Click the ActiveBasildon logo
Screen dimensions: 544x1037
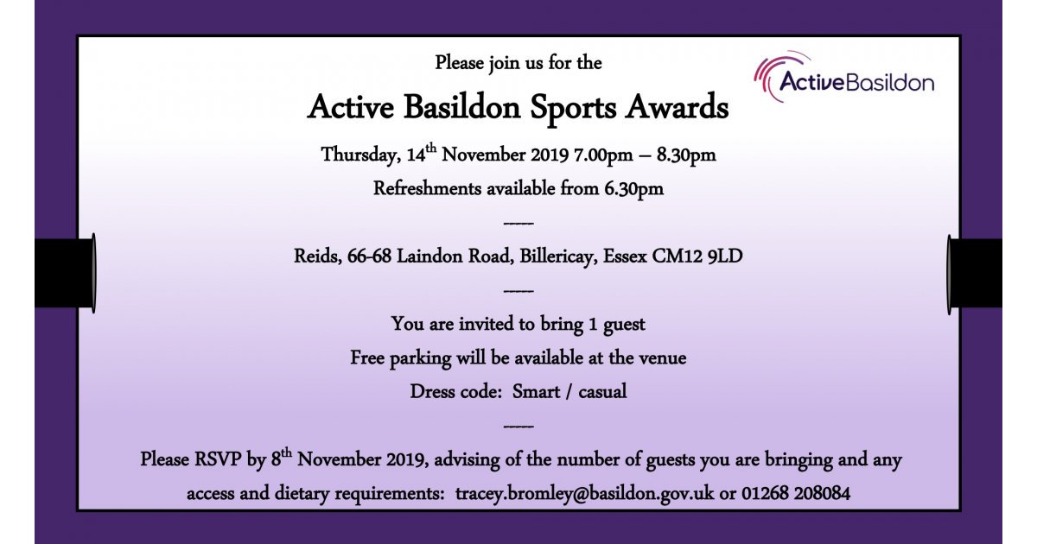(843, 80)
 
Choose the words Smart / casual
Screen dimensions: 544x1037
(569, 391)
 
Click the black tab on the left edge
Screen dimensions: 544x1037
(64, 272)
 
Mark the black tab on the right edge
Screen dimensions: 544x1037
(976, 272)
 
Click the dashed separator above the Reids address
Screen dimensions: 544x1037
(518, 224)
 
